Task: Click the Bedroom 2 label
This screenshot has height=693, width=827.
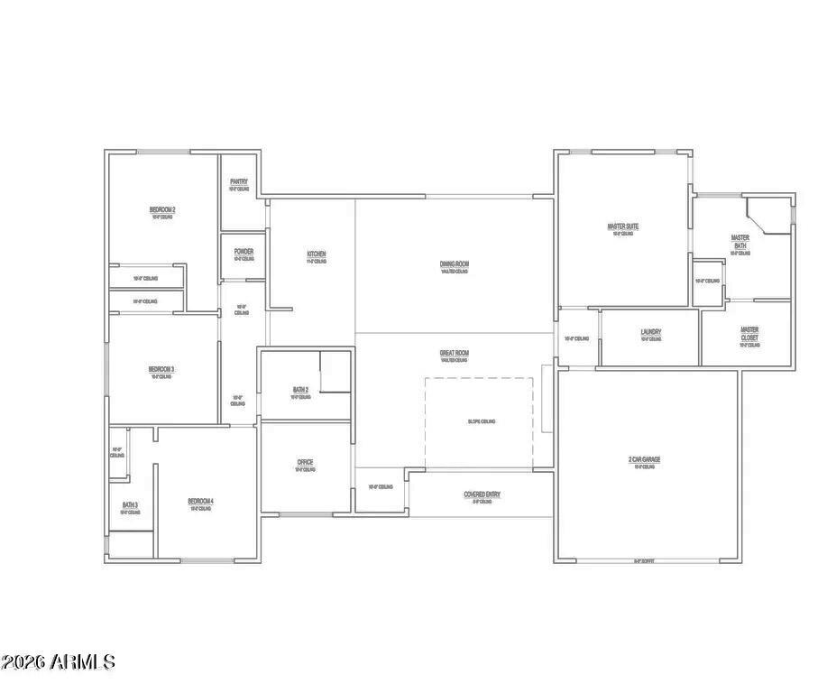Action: (x=162, y=210)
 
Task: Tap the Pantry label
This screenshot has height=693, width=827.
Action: (x=239, y=181)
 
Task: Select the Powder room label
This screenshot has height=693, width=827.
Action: (x=244, y=251)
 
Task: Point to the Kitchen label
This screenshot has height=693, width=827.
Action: (x=316, y=255)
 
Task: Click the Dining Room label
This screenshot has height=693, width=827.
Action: (x=455, y=264)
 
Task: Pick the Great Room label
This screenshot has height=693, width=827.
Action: (x=455, y=353)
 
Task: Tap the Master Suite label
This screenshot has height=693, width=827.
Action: (x=623, y=226)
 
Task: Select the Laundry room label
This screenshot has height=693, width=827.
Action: (x=651, y=332)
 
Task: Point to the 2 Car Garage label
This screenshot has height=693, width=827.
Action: (x=645, y=459)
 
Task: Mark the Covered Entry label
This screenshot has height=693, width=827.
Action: (x=482, y=494)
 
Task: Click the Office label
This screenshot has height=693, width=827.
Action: (x=306, y=462)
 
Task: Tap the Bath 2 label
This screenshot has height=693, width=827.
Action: (x=301, y=390)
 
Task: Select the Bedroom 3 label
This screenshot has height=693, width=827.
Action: (x=161, y=369)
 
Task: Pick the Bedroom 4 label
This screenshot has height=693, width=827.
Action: (x=200, y=502)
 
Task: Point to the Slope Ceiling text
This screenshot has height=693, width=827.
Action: (x=482, y=421)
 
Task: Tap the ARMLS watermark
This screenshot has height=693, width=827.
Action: (x=59, y=661)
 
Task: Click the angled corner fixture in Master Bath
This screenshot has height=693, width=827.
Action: (x=767, y=218)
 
